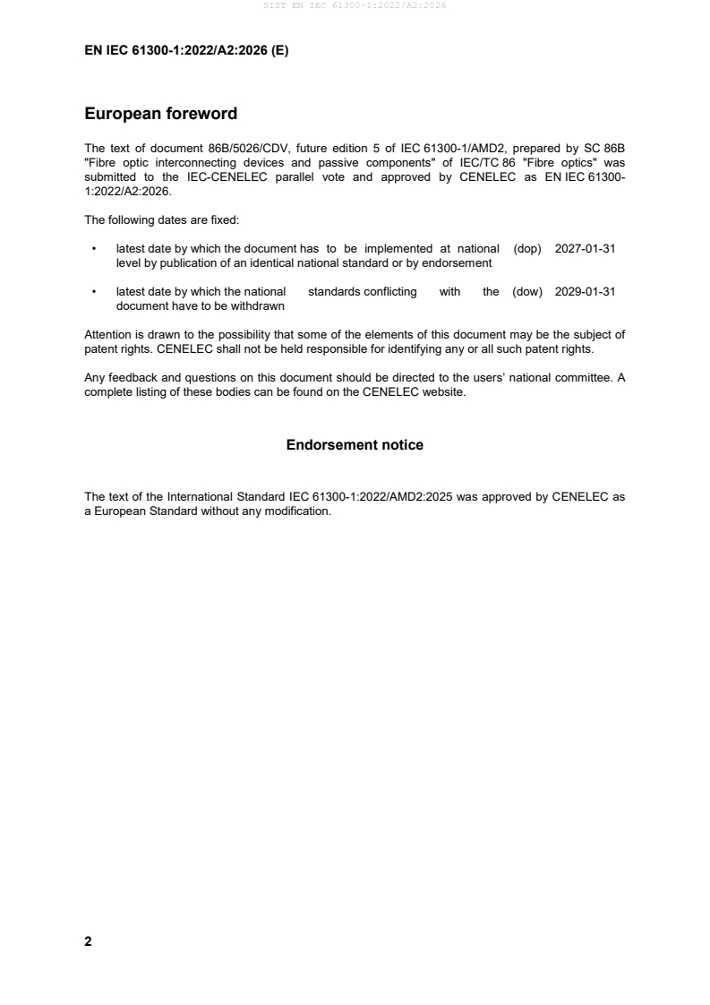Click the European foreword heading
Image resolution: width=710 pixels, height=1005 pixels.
160,114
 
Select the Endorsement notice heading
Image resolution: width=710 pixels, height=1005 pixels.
355,444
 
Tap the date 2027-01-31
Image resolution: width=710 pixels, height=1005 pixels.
585,249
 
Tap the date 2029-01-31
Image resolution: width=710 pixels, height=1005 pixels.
585,292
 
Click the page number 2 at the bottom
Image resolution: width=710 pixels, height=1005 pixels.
88,941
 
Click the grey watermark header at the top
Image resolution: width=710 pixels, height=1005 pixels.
355,5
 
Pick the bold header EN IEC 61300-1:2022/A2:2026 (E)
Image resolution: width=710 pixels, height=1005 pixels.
186,51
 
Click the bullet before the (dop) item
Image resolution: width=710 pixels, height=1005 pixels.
94,249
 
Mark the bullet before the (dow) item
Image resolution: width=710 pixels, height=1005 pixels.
94,292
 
